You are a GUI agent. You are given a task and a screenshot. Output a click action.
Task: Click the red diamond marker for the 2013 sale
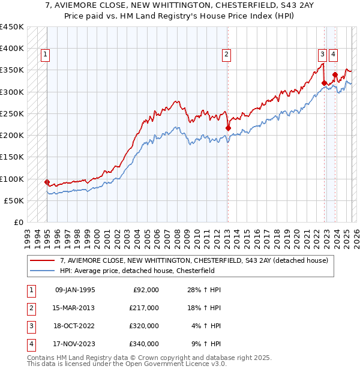click(228, 128)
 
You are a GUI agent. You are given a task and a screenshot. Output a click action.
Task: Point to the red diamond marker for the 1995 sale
click(47, 182)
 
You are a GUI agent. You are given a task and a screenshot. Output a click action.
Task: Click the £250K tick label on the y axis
click(12, 113)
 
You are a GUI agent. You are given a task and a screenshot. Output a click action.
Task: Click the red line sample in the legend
click(43, 260)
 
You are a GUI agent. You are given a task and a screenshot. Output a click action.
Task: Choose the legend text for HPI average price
click(136, 271)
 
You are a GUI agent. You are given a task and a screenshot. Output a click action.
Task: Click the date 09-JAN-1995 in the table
click(75, 290)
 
